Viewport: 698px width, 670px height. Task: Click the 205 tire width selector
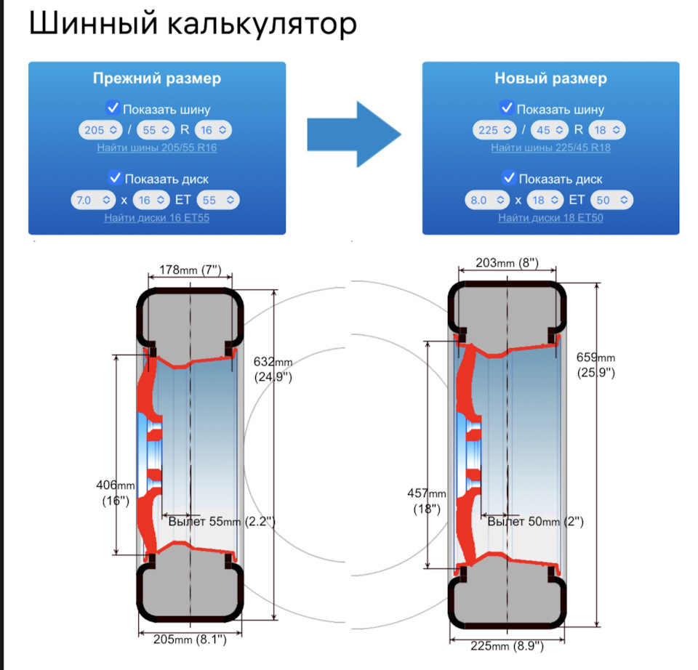[100, 130]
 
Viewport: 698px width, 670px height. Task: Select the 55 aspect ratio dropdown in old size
[156, 130]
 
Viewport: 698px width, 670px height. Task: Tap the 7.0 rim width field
[93, 200]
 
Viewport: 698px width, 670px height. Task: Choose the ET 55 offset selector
[218, 200]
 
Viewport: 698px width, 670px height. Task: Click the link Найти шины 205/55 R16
[157, 148]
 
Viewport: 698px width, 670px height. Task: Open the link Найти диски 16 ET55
[157, 218]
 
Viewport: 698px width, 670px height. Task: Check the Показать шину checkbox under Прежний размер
[113, 108]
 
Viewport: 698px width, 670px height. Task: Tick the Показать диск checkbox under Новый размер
[509, 177]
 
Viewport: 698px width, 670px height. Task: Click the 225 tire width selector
[494, 130]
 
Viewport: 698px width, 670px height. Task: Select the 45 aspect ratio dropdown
[550, 130]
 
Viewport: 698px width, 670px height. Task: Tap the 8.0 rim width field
[487, 200]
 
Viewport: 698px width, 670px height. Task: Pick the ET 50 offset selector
[612, 200]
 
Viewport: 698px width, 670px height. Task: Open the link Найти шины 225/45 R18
[550, 148]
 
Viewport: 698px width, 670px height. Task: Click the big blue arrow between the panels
[354, 134]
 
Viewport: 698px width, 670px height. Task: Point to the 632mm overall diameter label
[273, 369]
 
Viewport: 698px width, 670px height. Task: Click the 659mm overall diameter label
[595, 365]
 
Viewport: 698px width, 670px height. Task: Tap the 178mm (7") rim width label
[190, 270]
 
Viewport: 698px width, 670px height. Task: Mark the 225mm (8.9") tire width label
[507, 646]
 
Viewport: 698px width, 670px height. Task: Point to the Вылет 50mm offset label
[536, 522]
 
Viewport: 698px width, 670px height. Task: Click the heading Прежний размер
[157, 78]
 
